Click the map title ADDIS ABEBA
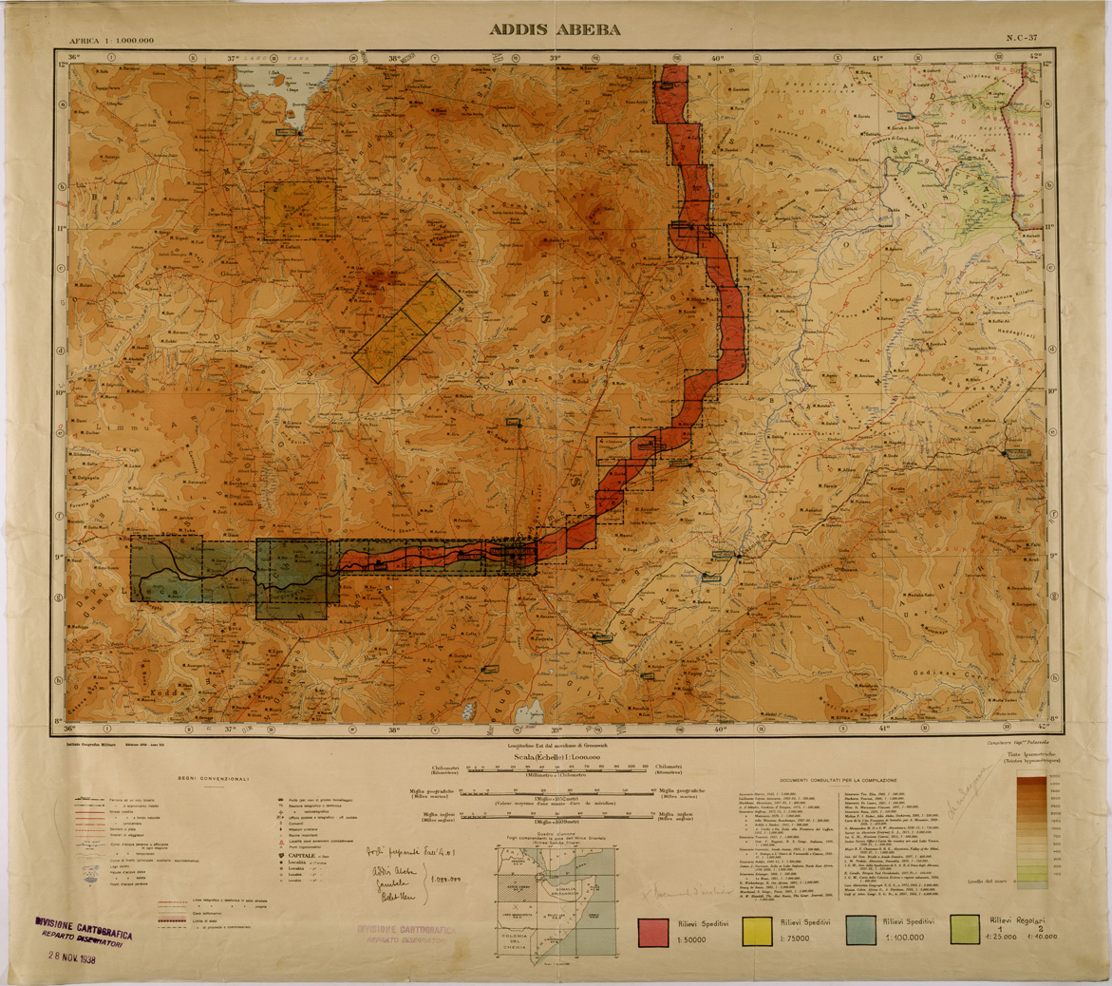(556, 29)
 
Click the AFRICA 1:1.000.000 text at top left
(111, 41)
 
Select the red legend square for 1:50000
(656, 932)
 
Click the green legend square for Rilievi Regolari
(965, 932)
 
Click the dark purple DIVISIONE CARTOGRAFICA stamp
(84, 929)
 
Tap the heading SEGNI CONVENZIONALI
(212, 778)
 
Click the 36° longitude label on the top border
(69, 57)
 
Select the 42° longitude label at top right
(1034, 57)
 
